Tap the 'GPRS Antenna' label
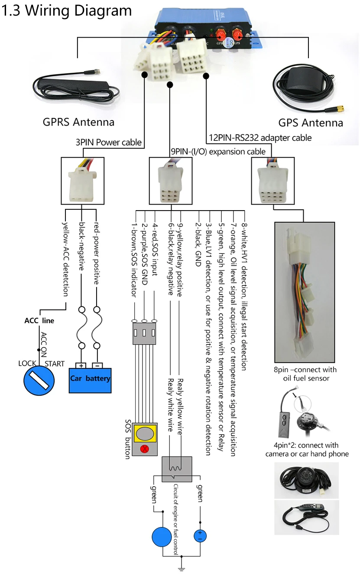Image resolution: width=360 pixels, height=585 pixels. click(x=78, y=122)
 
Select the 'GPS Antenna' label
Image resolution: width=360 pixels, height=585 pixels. click(x=311, y=123)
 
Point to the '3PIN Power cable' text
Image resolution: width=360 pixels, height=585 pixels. click(x=109, y=142)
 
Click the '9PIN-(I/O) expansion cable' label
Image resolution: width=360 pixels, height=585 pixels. click(x=218, y=151)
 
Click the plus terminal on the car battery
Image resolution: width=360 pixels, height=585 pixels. click(x=81, y=365)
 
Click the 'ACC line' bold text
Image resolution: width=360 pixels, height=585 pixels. click(x=39, y=321)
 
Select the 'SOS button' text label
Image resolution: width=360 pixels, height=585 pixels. click(x=128, y=439)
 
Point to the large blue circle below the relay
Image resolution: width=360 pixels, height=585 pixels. click(x=162, y=537)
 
